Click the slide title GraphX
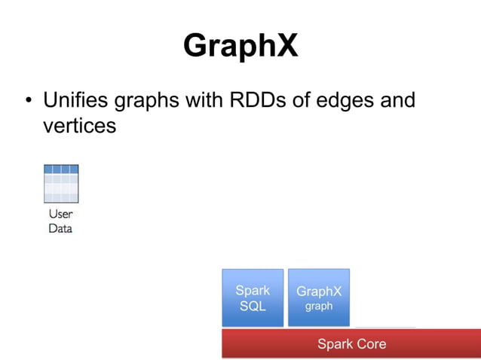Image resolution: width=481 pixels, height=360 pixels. (x=240, y=46)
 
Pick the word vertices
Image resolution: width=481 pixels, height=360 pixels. (x=79, y=125)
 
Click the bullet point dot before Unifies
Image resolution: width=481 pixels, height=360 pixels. (x=29, y=101)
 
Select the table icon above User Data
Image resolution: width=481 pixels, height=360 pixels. (x=60, y=183)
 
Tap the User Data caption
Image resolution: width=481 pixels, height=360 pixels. (x=60, y=221)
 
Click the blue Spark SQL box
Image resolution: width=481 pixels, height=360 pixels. (x=253, y=297)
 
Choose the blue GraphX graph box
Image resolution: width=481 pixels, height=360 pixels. (x=318, y=297)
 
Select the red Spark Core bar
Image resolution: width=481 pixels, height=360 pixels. (x=351, y=343)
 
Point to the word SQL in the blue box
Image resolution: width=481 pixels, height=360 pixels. (x=253, y=306)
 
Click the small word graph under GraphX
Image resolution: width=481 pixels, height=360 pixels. (x=318, y=307)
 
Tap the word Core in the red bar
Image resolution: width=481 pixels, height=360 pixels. (x=370, y=343)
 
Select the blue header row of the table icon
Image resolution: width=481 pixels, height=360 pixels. (x=60, y=169)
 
